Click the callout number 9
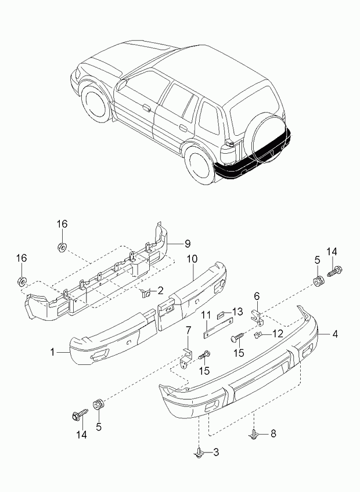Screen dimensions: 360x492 (188, 243)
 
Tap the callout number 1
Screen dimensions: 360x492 (52, 352)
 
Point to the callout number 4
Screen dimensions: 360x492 (335, 334)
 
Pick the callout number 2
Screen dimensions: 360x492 (160, 291)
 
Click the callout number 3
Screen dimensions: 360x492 (216, 452)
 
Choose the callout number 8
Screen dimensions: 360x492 (273, 433)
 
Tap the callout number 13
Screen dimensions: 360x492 (237, 312)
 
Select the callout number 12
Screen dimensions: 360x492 (278, 334)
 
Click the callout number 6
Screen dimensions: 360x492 (257, 296)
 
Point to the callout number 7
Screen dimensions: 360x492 (188, 330)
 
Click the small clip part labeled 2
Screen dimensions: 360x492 (146, 294)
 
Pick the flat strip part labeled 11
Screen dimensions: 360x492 (218, 328)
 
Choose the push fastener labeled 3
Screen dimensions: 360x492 (199, 453)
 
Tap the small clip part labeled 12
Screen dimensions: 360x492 (258, 335)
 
